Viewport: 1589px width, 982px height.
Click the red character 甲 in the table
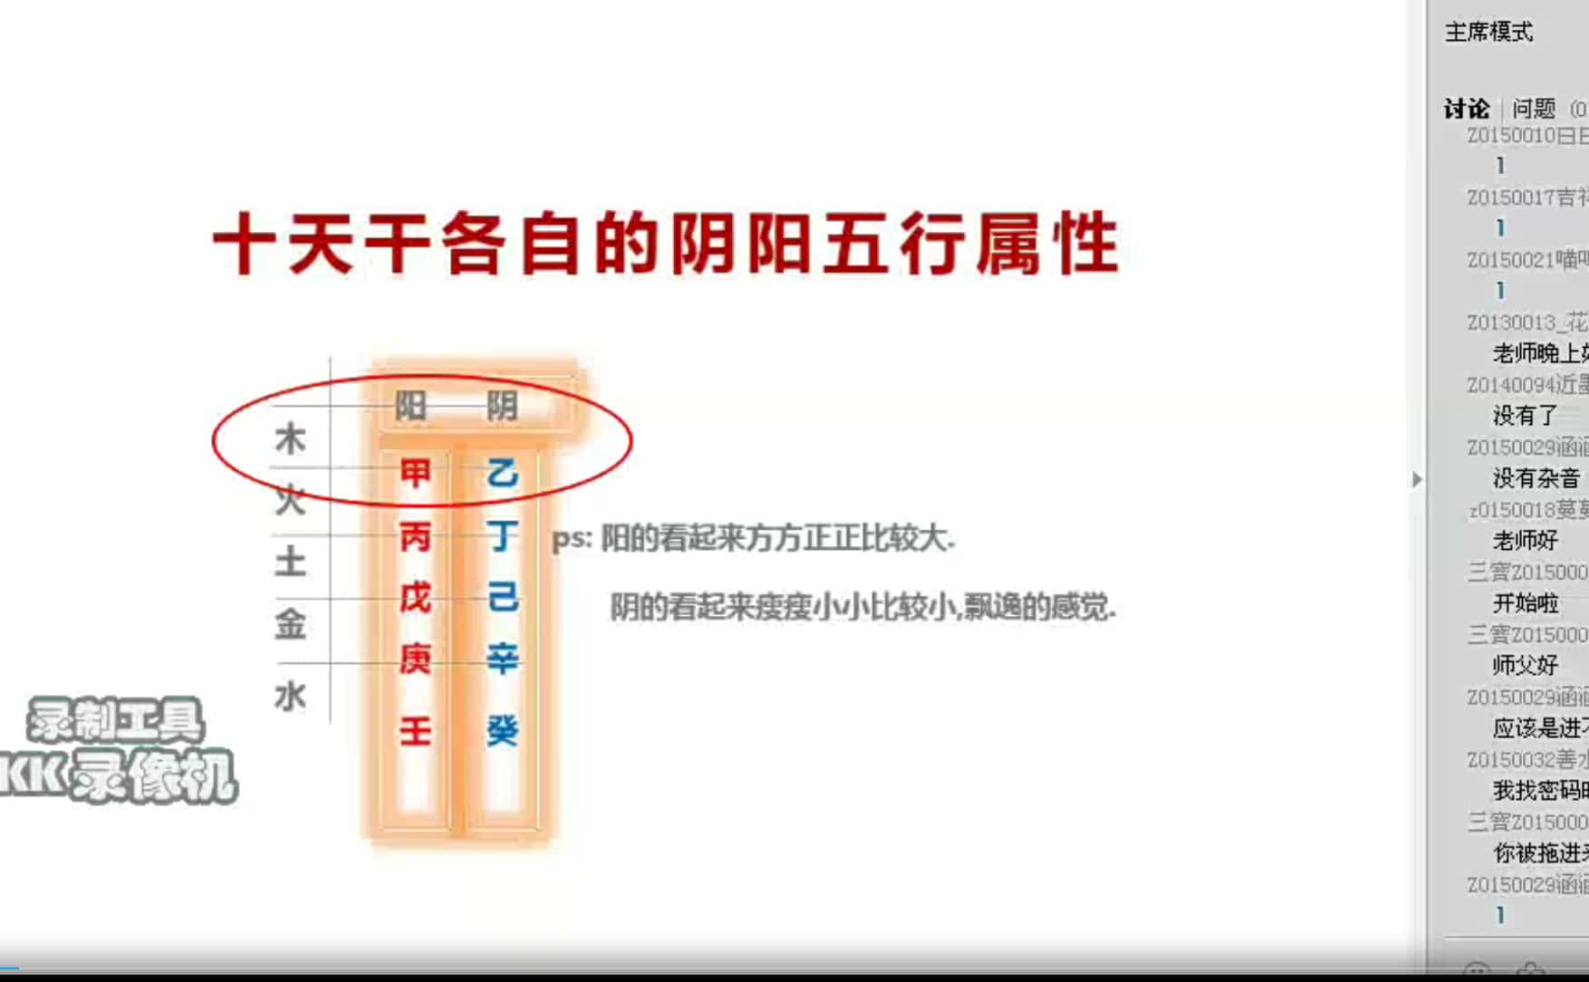415,473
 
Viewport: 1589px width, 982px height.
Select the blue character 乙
502,473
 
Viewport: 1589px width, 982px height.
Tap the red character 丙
415,537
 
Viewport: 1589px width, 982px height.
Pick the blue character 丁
502,537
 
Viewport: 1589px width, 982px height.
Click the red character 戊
415,598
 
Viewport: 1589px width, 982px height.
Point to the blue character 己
502,598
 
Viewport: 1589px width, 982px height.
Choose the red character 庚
415,659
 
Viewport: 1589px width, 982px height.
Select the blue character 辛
502,659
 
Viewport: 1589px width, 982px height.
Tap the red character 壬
415,730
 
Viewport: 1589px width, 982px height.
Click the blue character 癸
502,730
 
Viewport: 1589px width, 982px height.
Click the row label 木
290,439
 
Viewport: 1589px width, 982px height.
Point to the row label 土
290,562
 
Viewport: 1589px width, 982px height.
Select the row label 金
290,624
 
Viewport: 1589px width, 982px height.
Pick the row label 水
290,697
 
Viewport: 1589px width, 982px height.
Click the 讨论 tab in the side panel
1466,110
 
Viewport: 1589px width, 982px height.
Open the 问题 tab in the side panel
1534,110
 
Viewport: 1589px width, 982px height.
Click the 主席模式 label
1488,33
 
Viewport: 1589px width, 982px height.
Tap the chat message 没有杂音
1536,478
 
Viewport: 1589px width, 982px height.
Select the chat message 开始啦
1526,603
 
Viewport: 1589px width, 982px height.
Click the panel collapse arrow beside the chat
1417,479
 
